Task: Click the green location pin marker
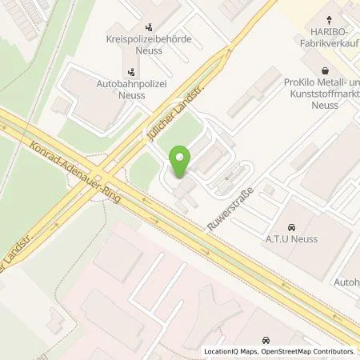tap(181, 162)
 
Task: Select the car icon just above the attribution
tap(266, 339)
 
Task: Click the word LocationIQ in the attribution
tap(220, 351)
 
